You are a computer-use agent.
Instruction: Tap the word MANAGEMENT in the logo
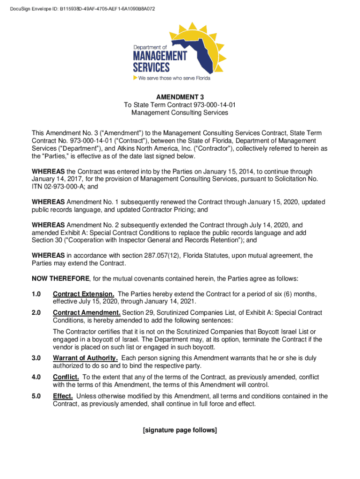[x=160, y=56]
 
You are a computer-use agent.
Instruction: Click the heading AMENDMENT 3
[x=180, y=97]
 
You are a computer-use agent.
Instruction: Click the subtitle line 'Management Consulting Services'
[x=180, y=113]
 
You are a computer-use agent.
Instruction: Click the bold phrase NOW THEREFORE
[x=60, y=279]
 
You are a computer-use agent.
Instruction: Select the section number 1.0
[x=36, y=294]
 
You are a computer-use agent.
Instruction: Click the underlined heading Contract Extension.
[x=80, y=294]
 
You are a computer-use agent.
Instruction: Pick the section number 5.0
[x=36, y=396]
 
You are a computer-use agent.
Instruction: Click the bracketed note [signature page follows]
[x=180, y=430]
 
